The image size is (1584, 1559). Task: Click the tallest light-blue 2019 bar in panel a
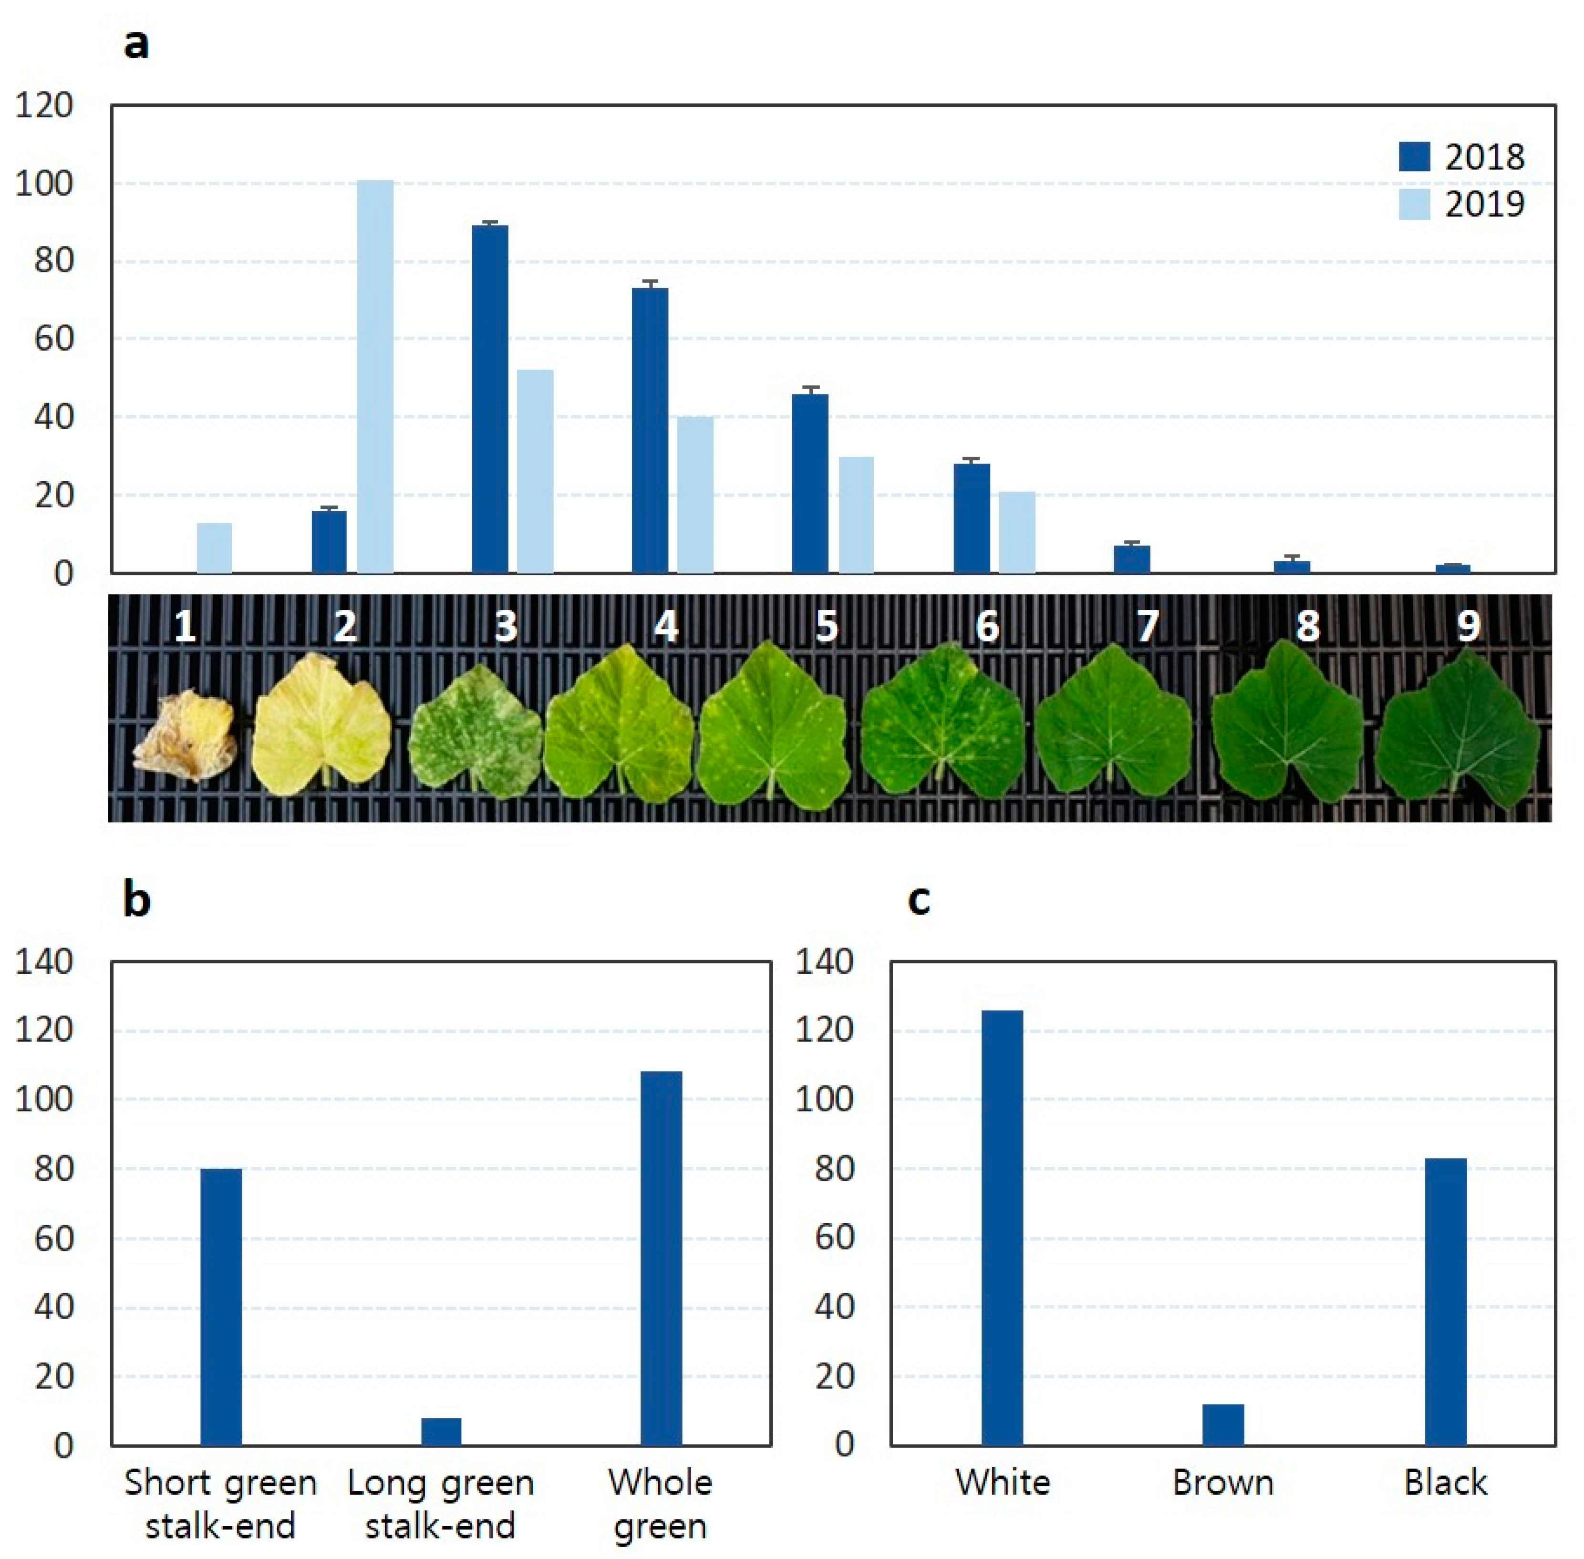tap(375, 377)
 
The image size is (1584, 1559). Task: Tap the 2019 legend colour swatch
tap(1415, 205)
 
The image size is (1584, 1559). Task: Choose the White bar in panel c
tap(1003, 1228)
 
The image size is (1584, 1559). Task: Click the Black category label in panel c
tap(1446, 1483)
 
